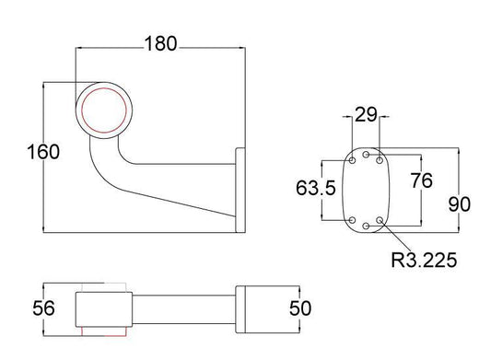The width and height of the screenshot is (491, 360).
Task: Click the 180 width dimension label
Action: click(160, 43)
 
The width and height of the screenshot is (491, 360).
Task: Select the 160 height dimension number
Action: click(43, 152)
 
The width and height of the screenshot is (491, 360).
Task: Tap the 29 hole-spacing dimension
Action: click(366, 114)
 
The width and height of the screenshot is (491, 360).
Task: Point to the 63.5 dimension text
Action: click(316, 188)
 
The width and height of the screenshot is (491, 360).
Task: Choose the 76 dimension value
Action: click(422, 180)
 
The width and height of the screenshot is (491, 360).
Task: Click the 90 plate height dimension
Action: click(460, 204)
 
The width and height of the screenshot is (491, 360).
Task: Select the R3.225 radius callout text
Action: click(424, 260)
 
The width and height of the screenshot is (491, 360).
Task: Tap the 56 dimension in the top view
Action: click(43, 308)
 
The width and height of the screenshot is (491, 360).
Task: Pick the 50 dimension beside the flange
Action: click(300, 308)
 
